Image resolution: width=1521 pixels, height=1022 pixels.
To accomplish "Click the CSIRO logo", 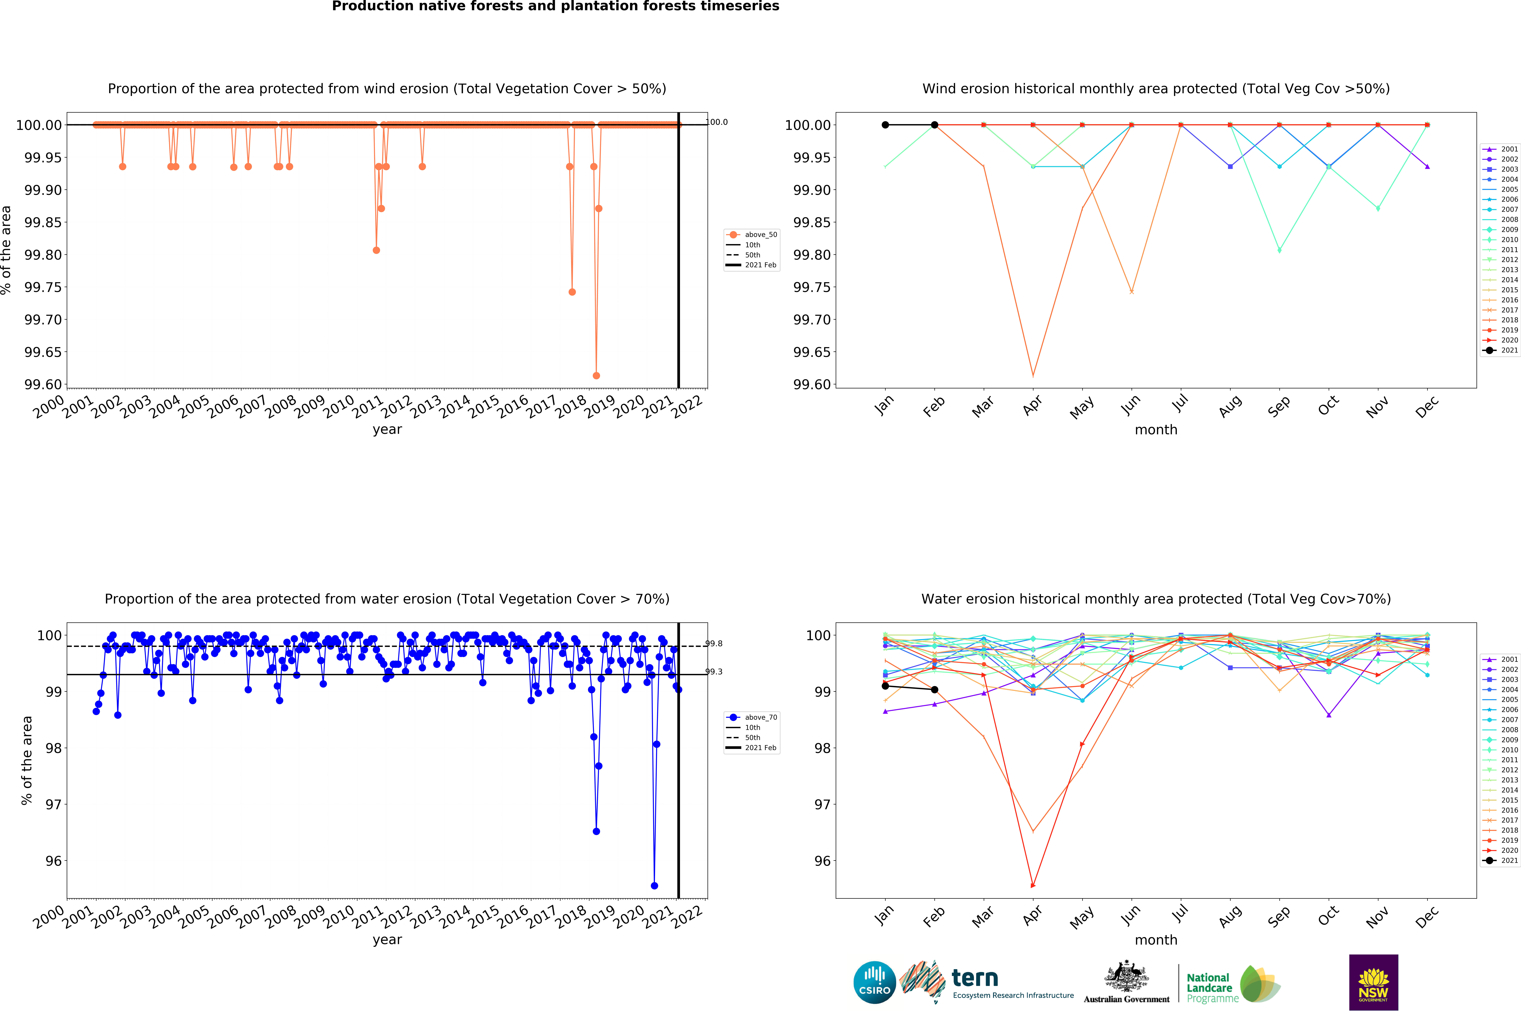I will pyautogui.click(x=874, y=982).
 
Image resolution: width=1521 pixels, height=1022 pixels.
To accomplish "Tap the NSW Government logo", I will pyautogui.click(x=1373, y=982).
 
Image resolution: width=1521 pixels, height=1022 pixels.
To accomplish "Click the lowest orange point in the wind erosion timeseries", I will pyautogui.click(x=596, y=375).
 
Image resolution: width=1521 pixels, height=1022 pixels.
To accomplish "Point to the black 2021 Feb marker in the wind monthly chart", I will pyautogui.click(x=934, y=124).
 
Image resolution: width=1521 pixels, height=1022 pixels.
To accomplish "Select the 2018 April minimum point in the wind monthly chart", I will pyautogui.click(x=1033, y=375).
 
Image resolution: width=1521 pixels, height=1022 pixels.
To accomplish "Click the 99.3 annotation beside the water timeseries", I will pyautogui.click(x=714, y=671).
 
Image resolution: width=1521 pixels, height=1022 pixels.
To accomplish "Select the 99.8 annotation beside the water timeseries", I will pyautogui.click(x=714, y=643).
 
